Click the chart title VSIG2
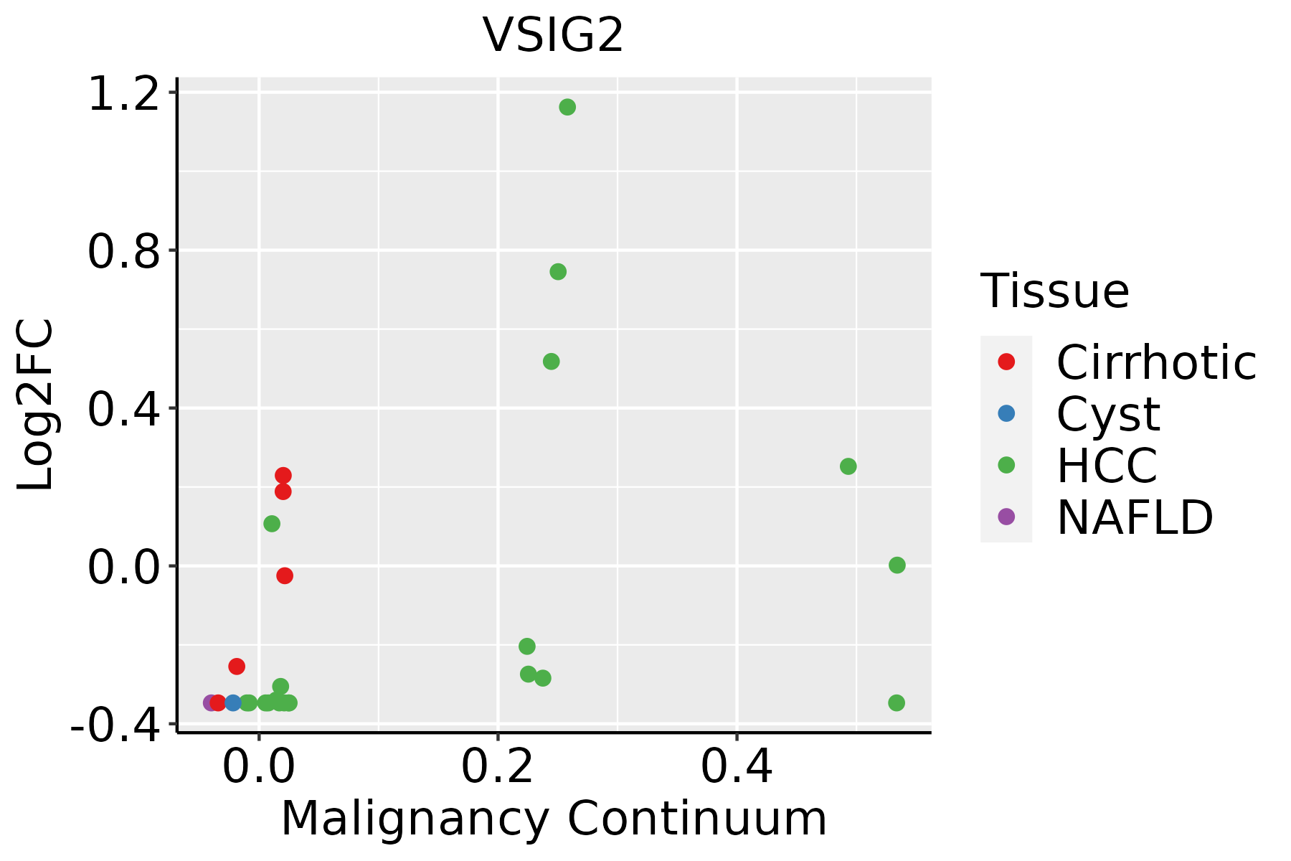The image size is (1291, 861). coord(553,35)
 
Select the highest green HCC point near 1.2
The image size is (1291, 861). coord(567,108)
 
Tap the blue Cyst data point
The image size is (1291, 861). coord(233,702)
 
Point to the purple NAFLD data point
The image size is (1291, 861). coord(210,702)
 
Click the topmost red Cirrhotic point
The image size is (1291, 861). coord(283,475)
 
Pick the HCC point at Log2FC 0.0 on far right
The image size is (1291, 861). coord(897,565)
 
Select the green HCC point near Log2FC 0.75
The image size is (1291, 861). coord(558,272)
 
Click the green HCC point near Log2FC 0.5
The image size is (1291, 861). coord(552,362)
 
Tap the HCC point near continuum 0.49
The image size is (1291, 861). coord(848,466)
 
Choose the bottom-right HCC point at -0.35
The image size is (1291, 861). coord(897,702)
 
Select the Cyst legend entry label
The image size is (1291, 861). coord(1108,414)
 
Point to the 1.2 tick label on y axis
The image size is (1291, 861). coord(123,94)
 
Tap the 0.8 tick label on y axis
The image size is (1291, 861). coord(123,251)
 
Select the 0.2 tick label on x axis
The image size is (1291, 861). coord(497,767)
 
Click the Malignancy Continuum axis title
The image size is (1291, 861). coord(554,819)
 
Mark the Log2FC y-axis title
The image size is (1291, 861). coord(35,405)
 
